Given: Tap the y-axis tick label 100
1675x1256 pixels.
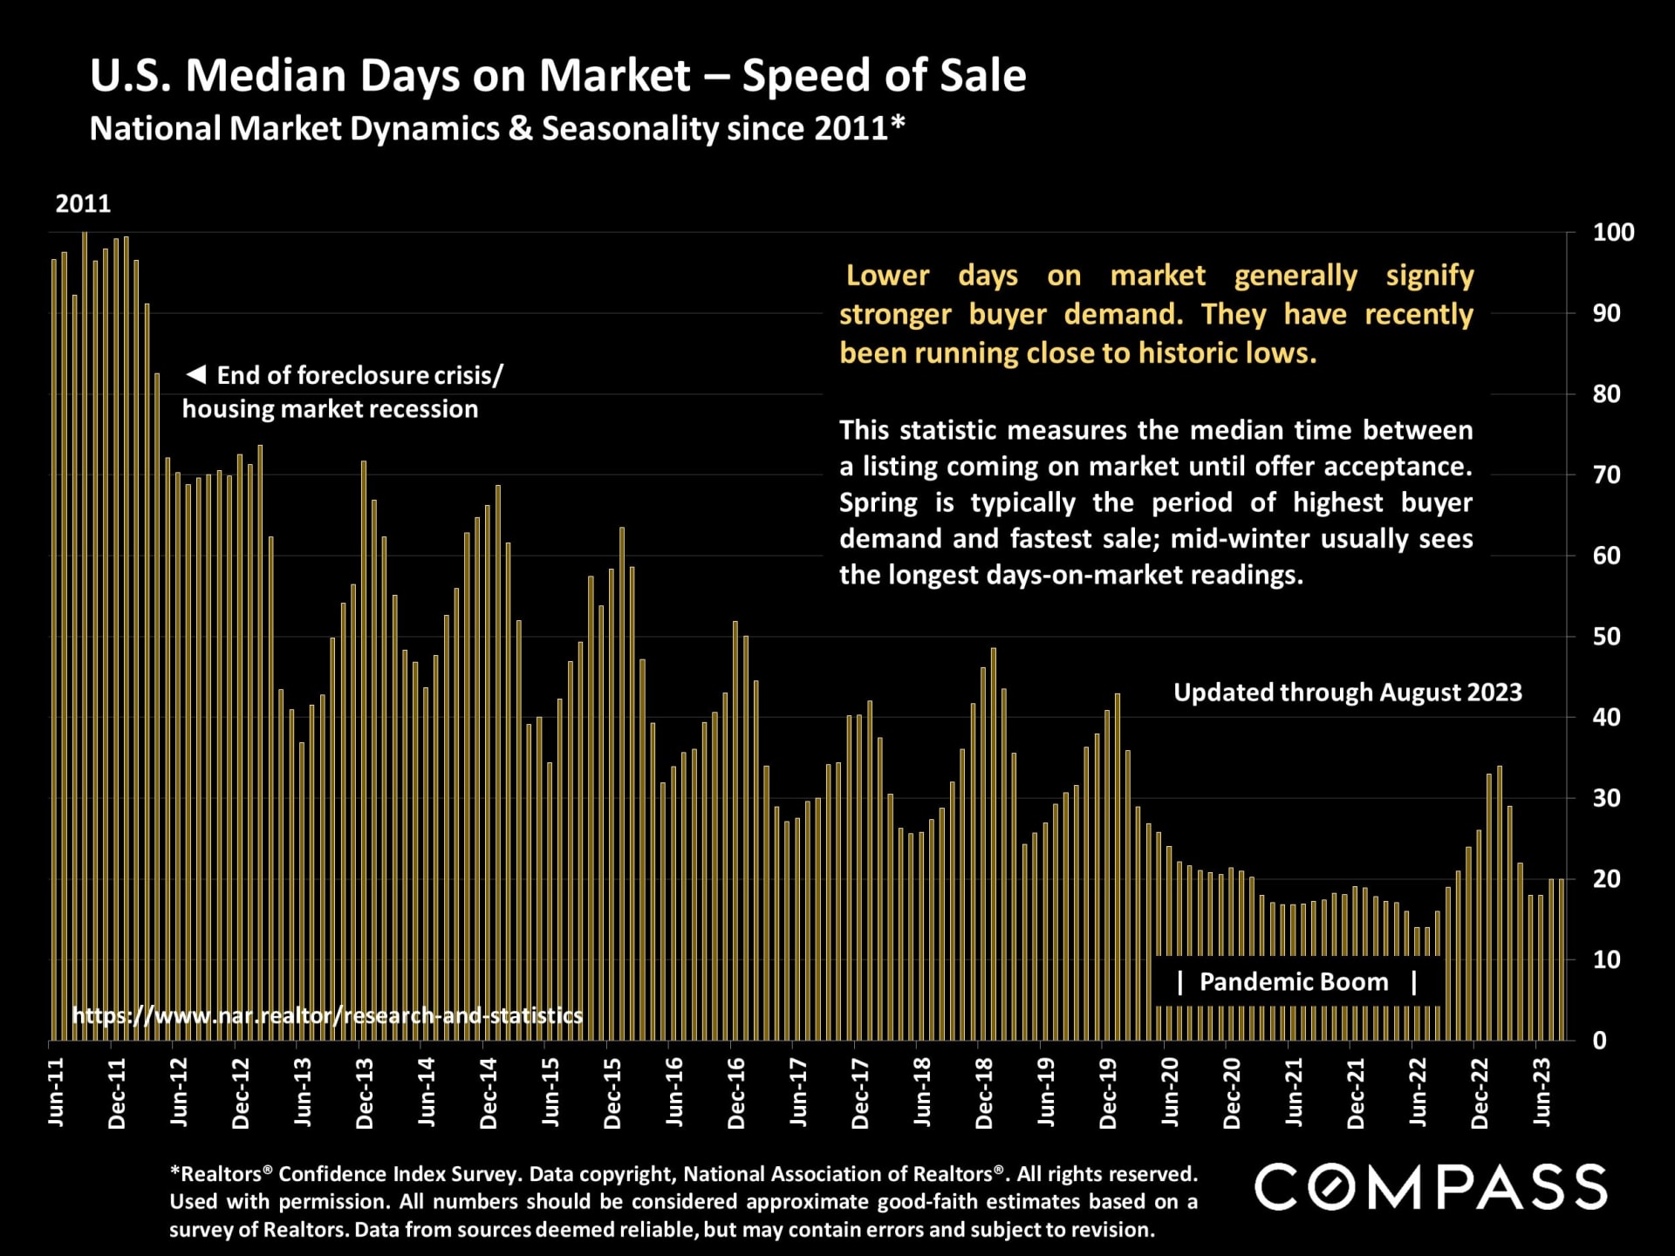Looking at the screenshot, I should pos(1613,233).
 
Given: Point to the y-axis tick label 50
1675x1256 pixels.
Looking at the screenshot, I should pos(1606,637).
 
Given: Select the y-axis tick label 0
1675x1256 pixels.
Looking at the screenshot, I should pos(1599,1041).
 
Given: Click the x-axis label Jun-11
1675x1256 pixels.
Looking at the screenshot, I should pos(56,1092).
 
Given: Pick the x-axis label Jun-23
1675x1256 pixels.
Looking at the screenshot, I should pos(1542,1092).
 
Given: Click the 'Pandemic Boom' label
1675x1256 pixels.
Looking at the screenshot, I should pos(1294,982).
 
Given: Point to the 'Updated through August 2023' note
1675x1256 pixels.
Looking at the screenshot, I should pos(1347,693).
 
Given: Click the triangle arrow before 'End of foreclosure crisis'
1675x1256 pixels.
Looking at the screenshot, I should pos(196,375).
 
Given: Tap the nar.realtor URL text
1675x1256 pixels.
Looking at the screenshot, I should pos(327,1015).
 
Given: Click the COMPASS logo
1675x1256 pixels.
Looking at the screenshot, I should pos(1431,1187).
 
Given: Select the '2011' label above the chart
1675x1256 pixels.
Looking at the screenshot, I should pos(83,204).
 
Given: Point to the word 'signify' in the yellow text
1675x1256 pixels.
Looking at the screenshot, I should pos(1429,276).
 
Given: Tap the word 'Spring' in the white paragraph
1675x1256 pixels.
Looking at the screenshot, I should pos(878,503).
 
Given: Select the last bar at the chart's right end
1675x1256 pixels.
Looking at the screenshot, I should pos(1562,959).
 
